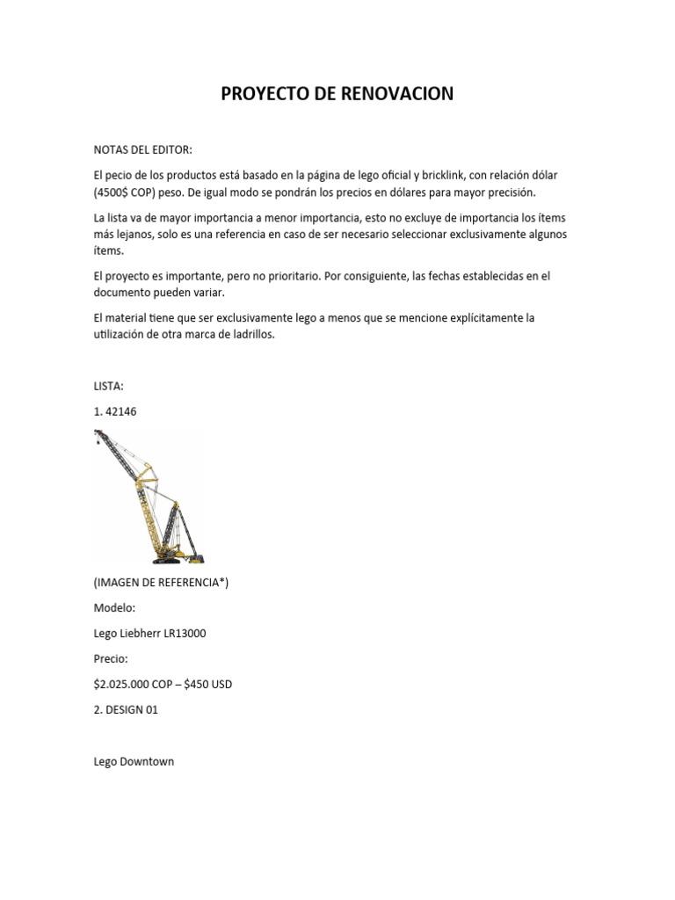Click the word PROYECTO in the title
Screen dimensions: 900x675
pyautogui.click(x=259, y=93)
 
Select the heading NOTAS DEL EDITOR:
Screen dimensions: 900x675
pyautogui.click(x=142, y=150)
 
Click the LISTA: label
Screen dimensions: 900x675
pyautogui.click(x=110, y=385)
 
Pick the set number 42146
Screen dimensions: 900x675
pyautogui.click(x=120, y=410)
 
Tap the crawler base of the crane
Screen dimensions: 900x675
pyautogui.click(x=179, y=557)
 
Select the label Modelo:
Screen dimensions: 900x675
pyautogui.click(x=114, y=608)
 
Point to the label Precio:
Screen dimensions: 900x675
pyautogui.click(x=112, y=658)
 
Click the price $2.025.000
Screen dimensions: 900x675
pyautogui.click(x=130, y=684)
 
